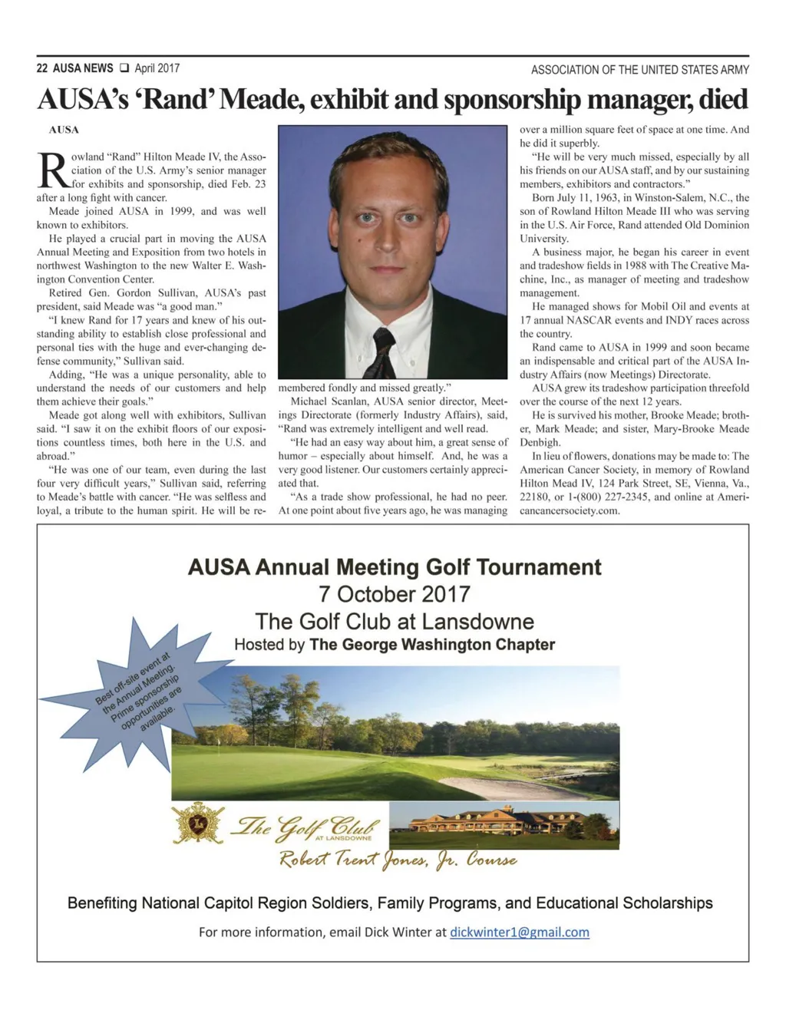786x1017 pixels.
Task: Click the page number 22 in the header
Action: coord(42,68)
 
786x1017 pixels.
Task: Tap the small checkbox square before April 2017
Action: coord(124,68)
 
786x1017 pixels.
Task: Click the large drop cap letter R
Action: coord(52,171)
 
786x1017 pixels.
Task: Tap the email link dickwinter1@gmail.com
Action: coord(520,932)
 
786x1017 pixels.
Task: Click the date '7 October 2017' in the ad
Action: coord(395,594)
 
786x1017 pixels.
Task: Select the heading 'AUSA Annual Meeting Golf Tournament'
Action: coord(395,567)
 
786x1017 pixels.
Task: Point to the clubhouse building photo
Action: coord(504,825)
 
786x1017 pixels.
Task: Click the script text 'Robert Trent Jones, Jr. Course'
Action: coord(398,860)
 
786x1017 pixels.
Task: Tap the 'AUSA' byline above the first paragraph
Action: coord(64,130)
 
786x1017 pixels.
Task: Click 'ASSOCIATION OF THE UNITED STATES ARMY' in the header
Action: coord(639,70)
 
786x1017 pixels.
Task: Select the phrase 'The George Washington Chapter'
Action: coord(432,645)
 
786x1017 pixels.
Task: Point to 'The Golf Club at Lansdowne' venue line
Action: coord(395,621)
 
